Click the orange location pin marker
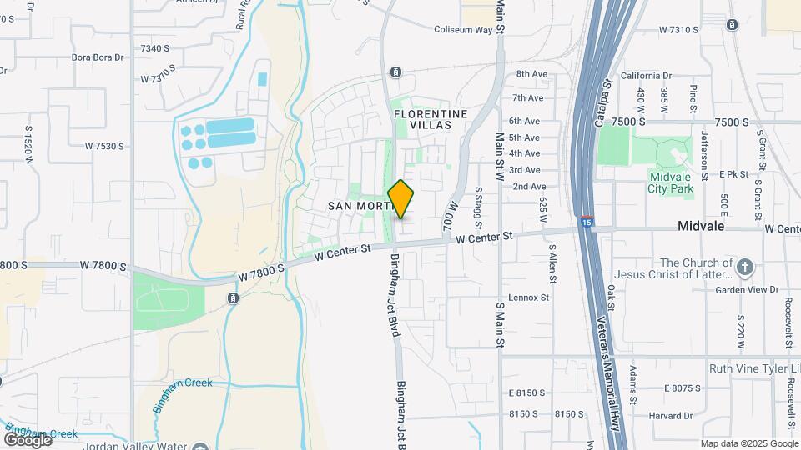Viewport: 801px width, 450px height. (x=401, y=199)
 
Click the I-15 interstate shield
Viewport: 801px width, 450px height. (x=588, y=222)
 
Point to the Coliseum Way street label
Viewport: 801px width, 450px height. (x=464, y=30)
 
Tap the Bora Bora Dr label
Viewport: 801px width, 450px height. (x=98, y=57)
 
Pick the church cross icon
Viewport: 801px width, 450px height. (x=745, y=267)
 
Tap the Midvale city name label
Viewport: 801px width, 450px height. (x=700, y=227)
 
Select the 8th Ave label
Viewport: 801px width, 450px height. (x=531, y=74)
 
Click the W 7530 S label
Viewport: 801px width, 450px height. (x=104, y=146)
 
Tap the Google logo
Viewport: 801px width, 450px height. (x=27, y=439)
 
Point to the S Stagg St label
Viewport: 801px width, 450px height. (x=478, y=207)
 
